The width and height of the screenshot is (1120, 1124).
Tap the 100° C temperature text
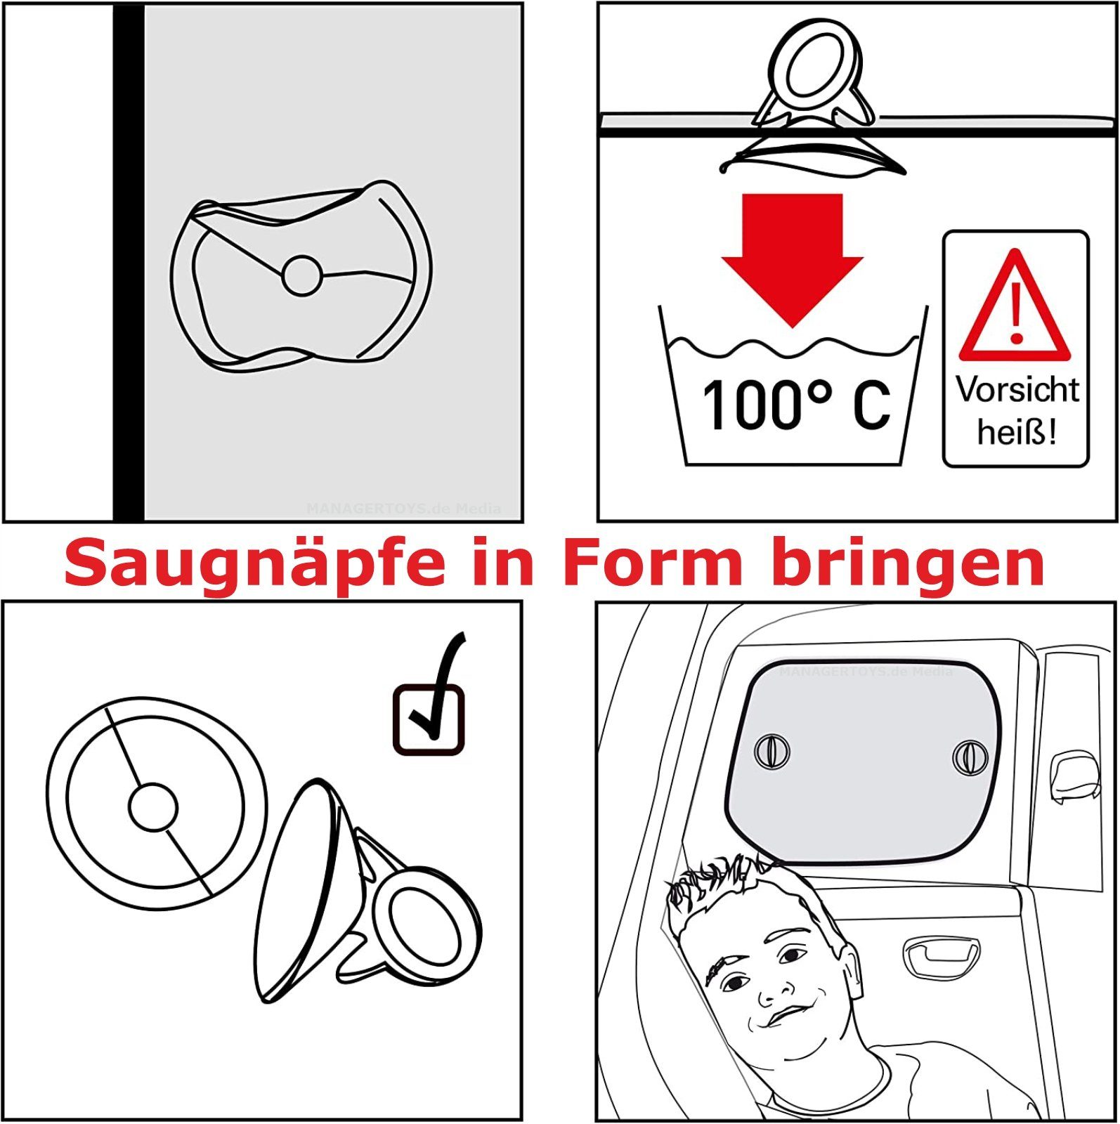[x=797, y=405]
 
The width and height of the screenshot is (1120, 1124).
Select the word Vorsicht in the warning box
[x=1017, y=390]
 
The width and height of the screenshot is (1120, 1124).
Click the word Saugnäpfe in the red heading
[x=255, y=565]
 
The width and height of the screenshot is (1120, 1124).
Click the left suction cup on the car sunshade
[x=771, y=751]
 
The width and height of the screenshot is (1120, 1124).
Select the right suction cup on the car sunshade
[x=970, y=757]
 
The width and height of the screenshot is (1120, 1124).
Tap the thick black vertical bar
[x=129, y=263]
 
